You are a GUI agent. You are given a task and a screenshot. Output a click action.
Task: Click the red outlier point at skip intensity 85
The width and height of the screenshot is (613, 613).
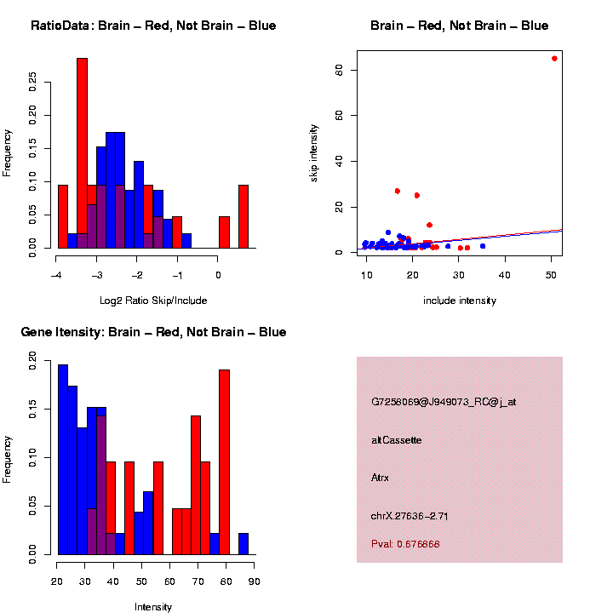[x=554, y=59]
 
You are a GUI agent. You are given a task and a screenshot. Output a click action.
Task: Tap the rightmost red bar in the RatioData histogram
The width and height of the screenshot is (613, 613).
[x=243, y=216]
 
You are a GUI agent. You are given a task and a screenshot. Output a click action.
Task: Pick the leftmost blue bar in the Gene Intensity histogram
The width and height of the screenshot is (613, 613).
[x=63, y=460]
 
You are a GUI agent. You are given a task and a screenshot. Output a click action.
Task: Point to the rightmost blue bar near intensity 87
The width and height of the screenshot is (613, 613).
[x=243, y=544]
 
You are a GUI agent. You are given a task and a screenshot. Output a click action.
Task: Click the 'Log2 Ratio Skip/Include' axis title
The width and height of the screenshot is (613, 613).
[x=154, y=301]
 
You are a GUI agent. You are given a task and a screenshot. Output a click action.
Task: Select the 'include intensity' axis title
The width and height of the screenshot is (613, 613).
[x=460, y=301]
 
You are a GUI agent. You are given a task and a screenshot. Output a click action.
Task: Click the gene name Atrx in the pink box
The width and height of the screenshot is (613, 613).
[x=380, y=478]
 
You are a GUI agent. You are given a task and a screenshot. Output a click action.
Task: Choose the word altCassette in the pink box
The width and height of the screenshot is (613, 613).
[x=396, y=440]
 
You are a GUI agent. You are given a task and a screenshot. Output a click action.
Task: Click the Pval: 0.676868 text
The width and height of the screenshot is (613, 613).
[x=405, y=544]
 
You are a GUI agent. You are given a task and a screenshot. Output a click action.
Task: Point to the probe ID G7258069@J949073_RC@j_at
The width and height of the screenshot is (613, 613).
[x=443, y=402]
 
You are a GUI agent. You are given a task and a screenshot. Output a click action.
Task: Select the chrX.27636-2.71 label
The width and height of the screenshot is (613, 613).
[x=410, y=516]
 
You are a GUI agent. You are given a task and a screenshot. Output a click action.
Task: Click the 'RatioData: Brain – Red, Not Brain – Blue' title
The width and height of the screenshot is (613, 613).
[x=153, y=26]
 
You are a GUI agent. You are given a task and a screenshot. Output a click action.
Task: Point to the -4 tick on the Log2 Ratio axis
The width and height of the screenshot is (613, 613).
[x=57, y=275]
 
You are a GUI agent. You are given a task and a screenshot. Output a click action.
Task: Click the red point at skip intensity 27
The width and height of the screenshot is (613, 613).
[x=397, y=192]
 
